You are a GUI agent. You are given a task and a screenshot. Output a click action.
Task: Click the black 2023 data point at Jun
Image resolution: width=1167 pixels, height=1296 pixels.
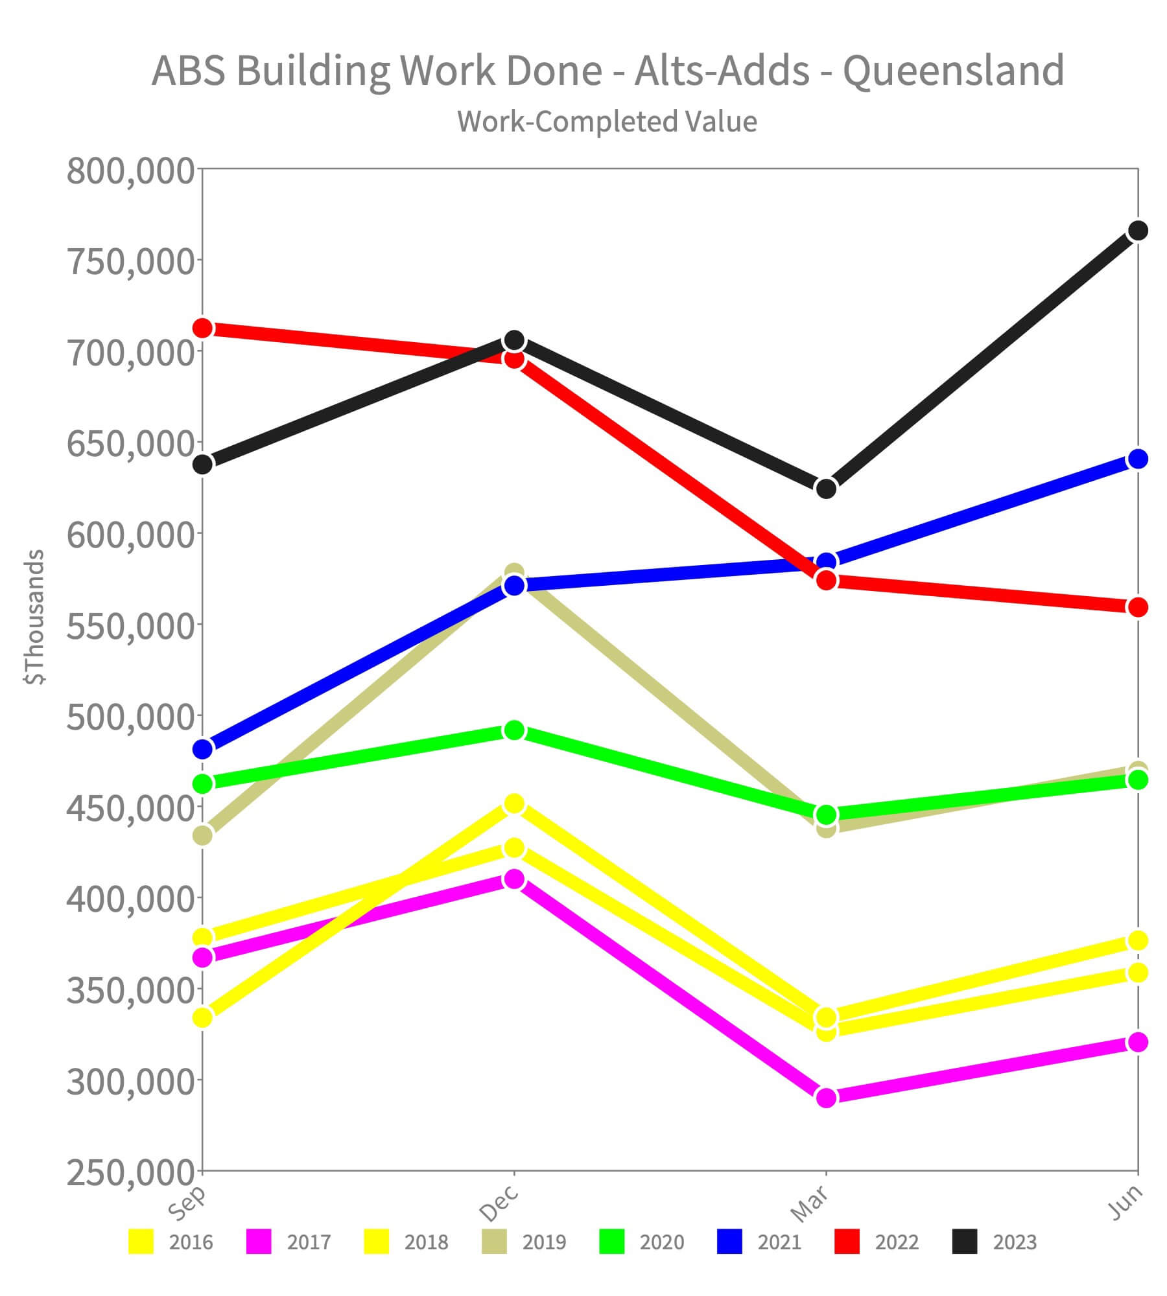coord(1138,231)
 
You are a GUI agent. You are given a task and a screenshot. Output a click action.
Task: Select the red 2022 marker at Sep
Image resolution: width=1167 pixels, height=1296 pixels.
coord(203,329)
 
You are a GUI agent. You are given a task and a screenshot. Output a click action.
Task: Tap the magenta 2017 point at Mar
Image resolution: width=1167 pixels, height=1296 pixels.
coord(826,1098)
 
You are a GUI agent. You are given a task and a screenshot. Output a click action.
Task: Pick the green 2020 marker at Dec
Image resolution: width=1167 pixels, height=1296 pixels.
coord(514,731)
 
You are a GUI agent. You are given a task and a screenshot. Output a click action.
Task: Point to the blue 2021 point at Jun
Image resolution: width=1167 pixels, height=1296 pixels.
coord(1138,459)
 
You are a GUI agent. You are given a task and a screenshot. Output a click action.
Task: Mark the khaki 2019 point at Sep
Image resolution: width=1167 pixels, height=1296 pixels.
coord(203,835)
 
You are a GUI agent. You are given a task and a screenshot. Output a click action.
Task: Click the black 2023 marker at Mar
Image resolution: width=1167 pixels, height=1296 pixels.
coord(826,489)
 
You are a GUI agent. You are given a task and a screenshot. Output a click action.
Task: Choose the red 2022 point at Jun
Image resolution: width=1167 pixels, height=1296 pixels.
coord(1138,607)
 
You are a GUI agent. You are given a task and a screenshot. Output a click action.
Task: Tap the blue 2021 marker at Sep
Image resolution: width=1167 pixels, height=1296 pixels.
coord(203,749)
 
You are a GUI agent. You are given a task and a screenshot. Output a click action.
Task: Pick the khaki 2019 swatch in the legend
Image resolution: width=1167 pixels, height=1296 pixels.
coord(495,1243)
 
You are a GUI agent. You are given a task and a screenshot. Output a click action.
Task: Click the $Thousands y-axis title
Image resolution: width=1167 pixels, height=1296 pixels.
coord(34,617)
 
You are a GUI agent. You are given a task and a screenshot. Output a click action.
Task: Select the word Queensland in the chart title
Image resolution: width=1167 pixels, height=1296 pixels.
coord(953,71)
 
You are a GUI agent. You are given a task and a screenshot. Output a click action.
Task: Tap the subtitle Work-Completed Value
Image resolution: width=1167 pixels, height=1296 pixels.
coord(607,122)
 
